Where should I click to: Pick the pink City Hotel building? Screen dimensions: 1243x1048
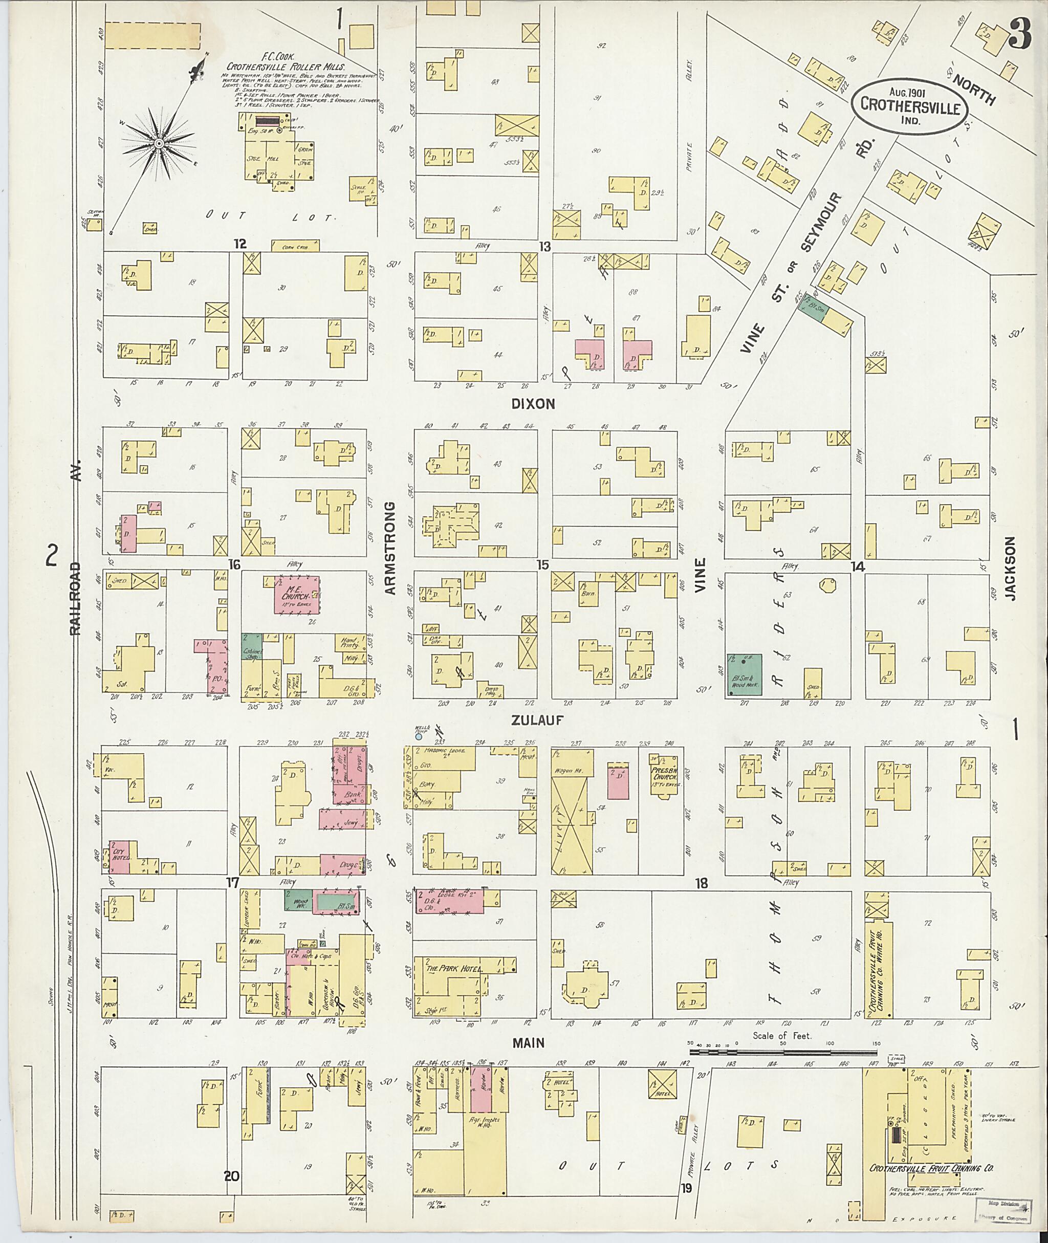pos(121,857)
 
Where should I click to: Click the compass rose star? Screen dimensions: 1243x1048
pos(159,144)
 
